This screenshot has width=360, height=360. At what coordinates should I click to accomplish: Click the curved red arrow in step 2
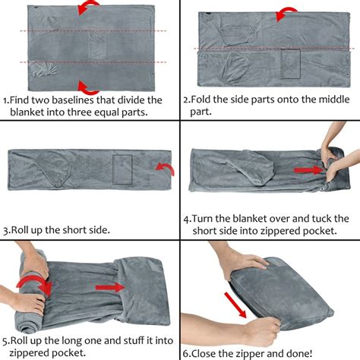[286, 14]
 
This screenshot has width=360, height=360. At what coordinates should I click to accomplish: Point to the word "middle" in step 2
[334, 99]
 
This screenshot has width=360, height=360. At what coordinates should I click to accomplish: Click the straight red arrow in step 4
[308, 170]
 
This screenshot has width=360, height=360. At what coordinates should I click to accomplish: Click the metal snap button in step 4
[324, 188]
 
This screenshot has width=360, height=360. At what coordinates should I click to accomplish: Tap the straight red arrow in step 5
[110, 288]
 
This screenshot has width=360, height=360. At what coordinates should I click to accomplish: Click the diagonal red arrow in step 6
[235, 305]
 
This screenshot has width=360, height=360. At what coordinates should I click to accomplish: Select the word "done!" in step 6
[299, 353]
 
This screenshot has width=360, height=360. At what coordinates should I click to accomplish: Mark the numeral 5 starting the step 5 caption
[5, 341]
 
